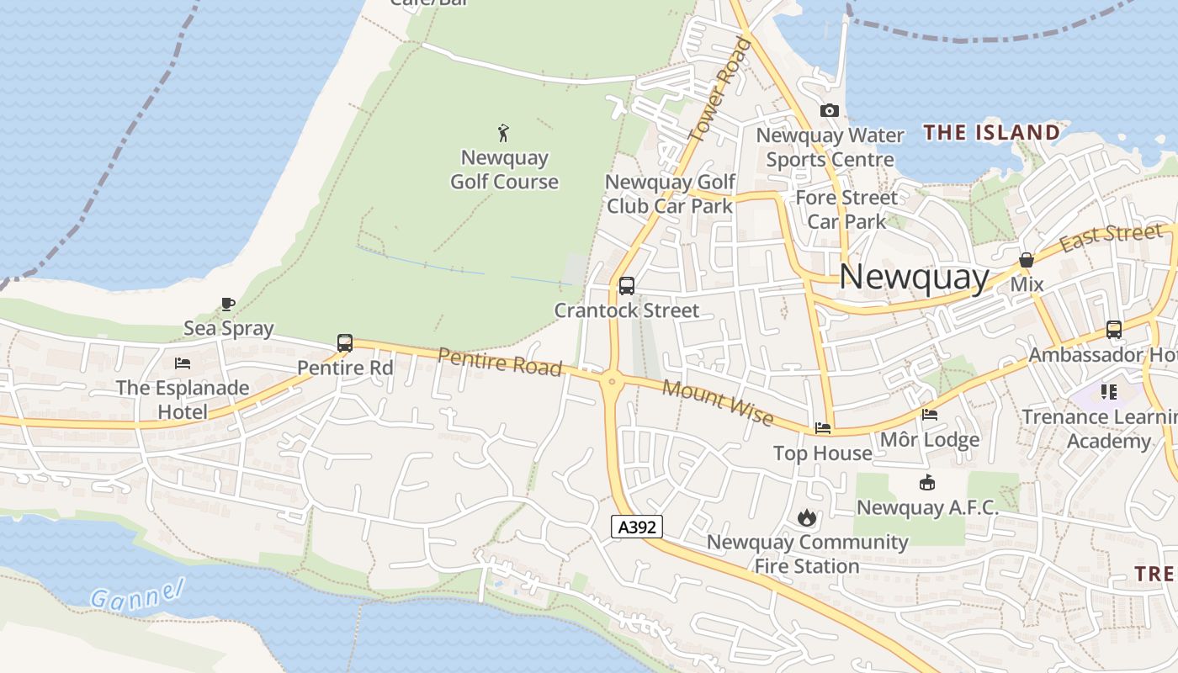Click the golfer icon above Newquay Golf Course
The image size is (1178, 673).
coord(503,132)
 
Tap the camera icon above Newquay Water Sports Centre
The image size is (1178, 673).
coord(830,110)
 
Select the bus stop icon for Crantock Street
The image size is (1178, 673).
coord(627,286)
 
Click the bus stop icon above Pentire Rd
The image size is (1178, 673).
coord(345,342)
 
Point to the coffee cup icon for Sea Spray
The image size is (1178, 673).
coord(227,304)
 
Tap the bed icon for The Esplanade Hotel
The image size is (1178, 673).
coord(183,363)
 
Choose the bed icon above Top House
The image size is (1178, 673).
coord(823,428)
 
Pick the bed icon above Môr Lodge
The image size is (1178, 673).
coord(930,415)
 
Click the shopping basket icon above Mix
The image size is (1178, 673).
coord(1027,261)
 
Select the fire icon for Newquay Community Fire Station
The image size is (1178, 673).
coord(807,517)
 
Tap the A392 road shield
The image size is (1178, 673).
coord(637,527)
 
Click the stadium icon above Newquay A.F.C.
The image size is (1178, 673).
coord(926,483)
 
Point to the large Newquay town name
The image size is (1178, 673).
coord(915,276)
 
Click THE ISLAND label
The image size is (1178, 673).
coord(991,132)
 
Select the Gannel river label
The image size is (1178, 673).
coord(137,596)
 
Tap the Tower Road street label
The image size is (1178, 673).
coord(719,88)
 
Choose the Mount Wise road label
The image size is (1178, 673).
coord(718,402)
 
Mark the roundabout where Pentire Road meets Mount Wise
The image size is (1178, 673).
coord(612,381)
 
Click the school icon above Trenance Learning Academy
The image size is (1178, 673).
coord(1108,392)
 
